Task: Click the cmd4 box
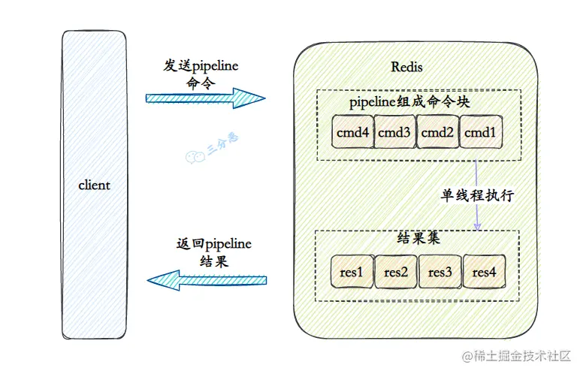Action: pyautogui.click(x=352, y=133)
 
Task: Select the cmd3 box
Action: pyautogui.click(x=395, y=133)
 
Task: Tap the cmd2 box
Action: pyautogui.click(x=438, y=133)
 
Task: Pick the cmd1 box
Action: pyautogui.click(x=480, y=133)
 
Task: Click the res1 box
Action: pyautogui.click(x=352, y=272)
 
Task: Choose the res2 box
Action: pyautogui.click(x=396, y=272)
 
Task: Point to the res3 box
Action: pyautogui.click(x=440, y=272)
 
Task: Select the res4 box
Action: pyautogui.click(x=484, y=272)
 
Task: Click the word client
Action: pyautogui.click(x=94, y=185)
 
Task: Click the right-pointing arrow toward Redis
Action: pyautogui.click(x=205, y=98)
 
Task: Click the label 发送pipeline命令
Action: pyautogui.click(x=201, y=74)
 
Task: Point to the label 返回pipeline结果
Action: pyautogui.click(x=213, y=253)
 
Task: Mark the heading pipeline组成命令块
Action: pyautogui.click(x=409, y=101)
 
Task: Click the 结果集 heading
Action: pyautogui.click(x=416, y=240)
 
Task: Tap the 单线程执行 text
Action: pyautogui.click(x=477, y=195)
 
